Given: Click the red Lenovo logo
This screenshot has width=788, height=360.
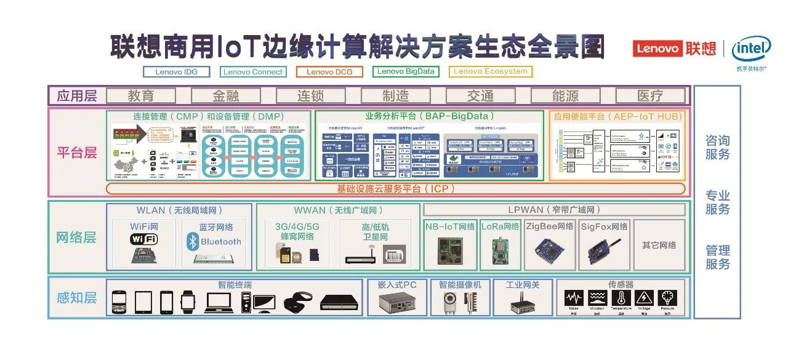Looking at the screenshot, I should click(x=657, y=48).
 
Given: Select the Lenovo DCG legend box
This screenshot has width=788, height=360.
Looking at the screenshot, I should click(x=329, y=72).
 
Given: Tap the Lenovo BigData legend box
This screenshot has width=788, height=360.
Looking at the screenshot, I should click(x=406, y=71).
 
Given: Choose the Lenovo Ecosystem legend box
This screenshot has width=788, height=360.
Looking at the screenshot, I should click(x=491, y=71).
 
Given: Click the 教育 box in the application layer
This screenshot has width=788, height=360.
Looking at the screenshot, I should click(x=141, y=95).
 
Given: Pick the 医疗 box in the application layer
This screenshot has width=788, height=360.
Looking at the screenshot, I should click(x=650, y=95).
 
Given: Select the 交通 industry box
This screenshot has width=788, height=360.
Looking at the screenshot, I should click(x=480, y=95).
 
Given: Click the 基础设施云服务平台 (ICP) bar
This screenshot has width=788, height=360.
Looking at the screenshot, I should click(x=395, y=188).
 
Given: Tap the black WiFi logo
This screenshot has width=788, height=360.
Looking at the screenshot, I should click(x=143, y=239).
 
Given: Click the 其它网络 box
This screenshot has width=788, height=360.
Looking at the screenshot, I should click(x=659, y=245).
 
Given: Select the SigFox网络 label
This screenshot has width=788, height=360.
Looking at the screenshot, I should click(x=604, y=226).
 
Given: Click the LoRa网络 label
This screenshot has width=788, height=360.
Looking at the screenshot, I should click(x=499, y=226).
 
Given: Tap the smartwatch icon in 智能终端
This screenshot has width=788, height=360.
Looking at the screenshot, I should click(x=187, y=302).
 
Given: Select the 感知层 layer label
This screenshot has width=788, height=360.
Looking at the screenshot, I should click(x=76, y=298).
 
